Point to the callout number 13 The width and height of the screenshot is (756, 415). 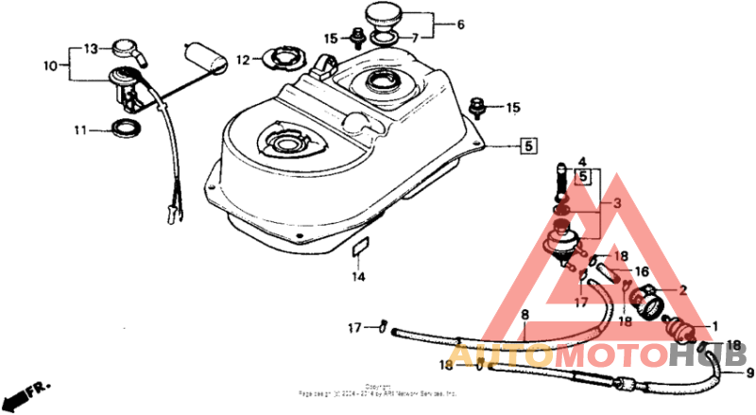point(90,48)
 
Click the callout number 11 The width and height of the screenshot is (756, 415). point(79,128)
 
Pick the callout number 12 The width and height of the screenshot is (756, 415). point(242,60)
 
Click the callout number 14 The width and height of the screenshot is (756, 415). point(358,277)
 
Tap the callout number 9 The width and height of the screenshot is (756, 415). point(750,373)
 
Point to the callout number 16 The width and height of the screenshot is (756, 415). point(642,269)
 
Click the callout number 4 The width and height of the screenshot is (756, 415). point(583,162)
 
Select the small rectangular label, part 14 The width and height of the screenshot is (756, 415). point(358,251)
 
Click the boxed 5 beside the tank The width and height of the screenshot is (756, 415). point(529,146)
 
